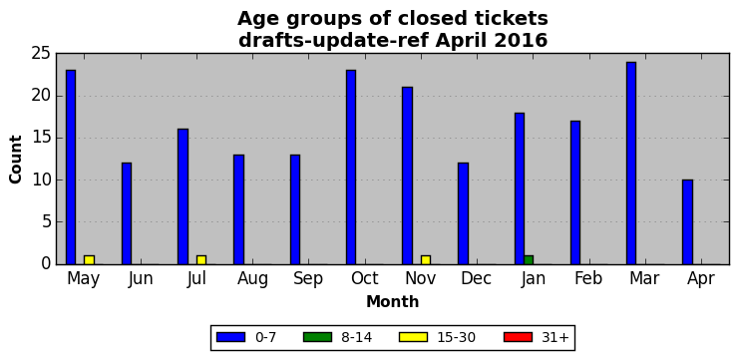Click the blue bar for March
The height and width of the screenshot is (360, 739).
click(x=631, y=163)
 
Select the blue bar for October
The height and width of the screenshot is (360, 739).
click(x=351, y=168)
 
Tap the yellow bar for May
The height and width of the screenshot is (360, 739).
click(x=89, y=260)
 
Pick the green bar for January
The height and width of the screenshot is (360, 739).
click(x=529, y=260)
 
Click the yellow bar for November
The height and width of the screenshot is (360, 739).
click(x=426, y=260)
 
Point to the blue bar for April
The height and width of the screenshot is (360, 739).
click(x=687, y=222)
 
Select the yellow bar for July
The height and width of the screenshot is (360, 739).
click(x=201, y=260)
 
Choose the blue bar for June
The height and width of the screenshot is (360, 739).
click(x=127, y=213)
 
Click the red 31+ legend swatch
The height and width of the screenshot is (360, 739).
click(x=518, y=337)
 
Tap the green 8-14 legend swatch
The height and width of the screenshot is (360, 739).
click(x=318, y=337)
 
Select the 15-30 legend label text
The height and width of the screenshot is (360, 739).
click(x=457, y=337)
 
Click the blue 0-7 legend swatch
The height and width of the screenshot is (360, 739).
click(x=230, y=337)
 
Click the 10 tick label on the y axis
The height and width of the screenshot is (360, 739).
click(x=40, y=180)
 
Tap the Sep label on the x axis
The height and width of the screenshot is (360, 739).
click(x=308, y=278)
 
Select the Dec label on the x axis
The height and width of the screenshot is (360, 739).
click(x=476, y=278)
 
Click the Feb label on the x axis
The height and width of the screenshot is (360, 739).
click(x=588, y=278)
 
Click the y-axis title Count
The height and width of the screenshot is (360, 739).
click(x=16, y=160)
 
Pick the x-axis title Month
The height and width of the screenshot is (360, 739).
click(x=392, y=301)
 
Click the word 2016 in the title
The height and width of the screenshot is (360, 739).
click(x=521, y=41)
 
